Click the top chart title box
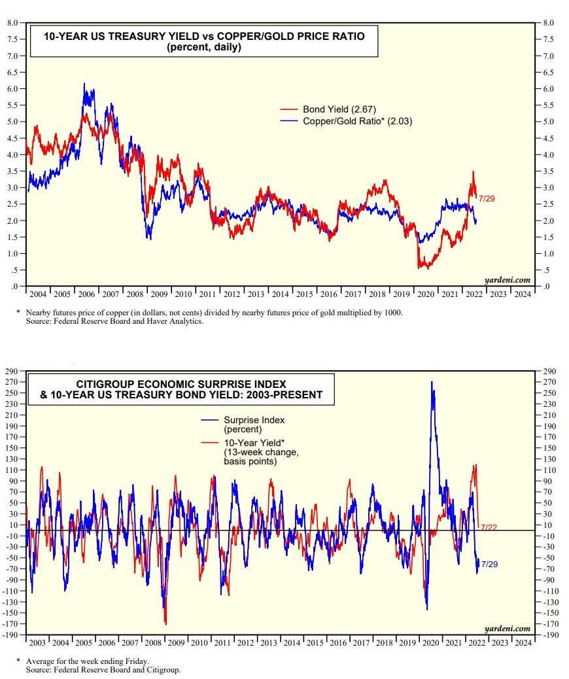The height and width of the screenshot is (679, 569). coord(203,42)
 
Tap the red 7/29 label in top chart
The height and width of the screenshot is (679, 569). coord(487,198)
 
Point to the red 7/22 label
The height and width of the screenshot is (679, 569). coord(488,527)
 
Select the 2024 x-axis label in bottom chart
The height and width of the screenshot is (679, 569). coord(522,642)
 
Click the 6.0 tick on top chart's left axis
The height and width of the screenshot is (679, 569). coord(12,88)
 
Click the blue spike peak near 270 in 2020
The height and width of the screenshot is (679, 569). coord(432,383)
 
